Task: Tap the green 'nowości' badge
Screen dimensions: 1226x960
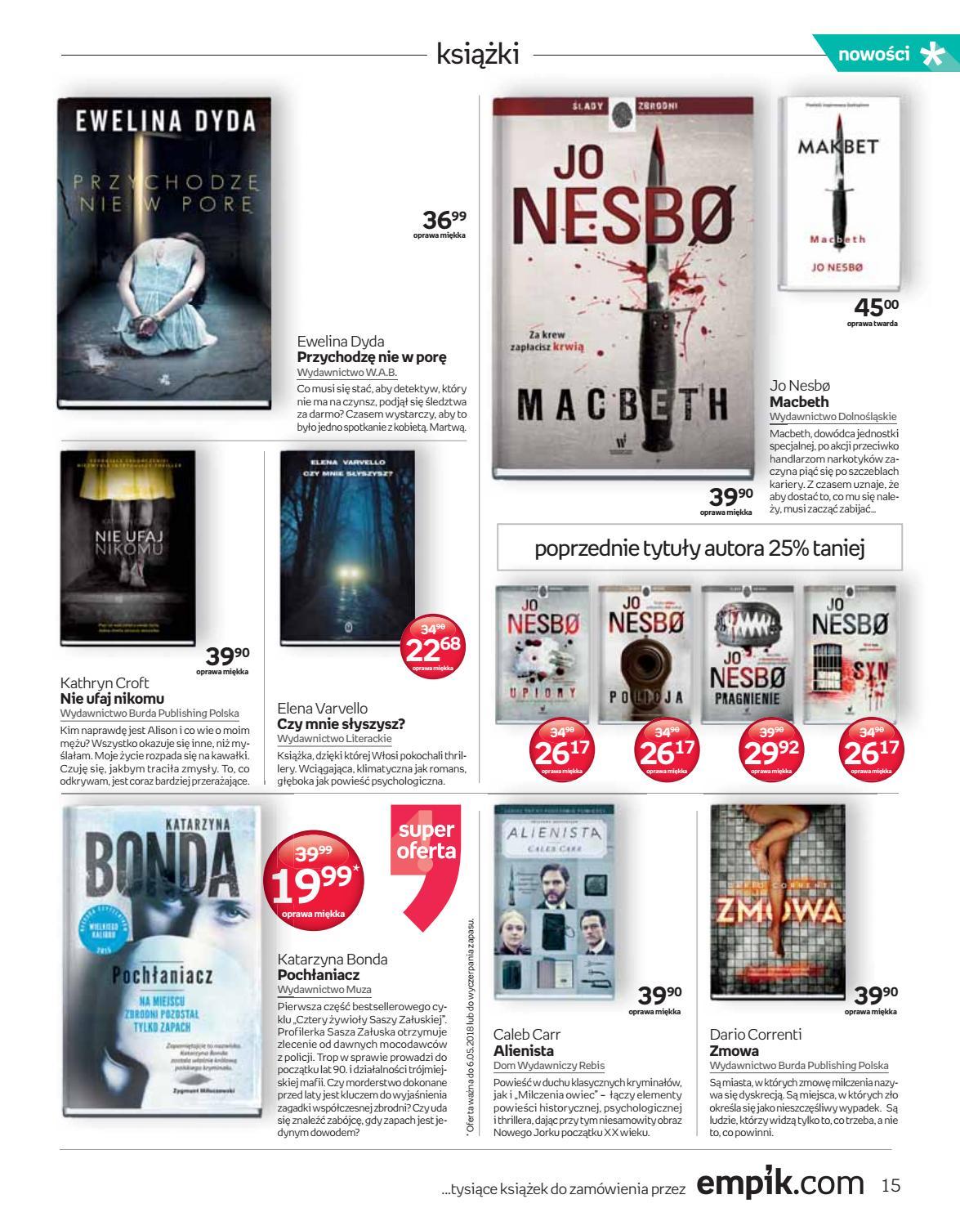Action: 882,55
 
